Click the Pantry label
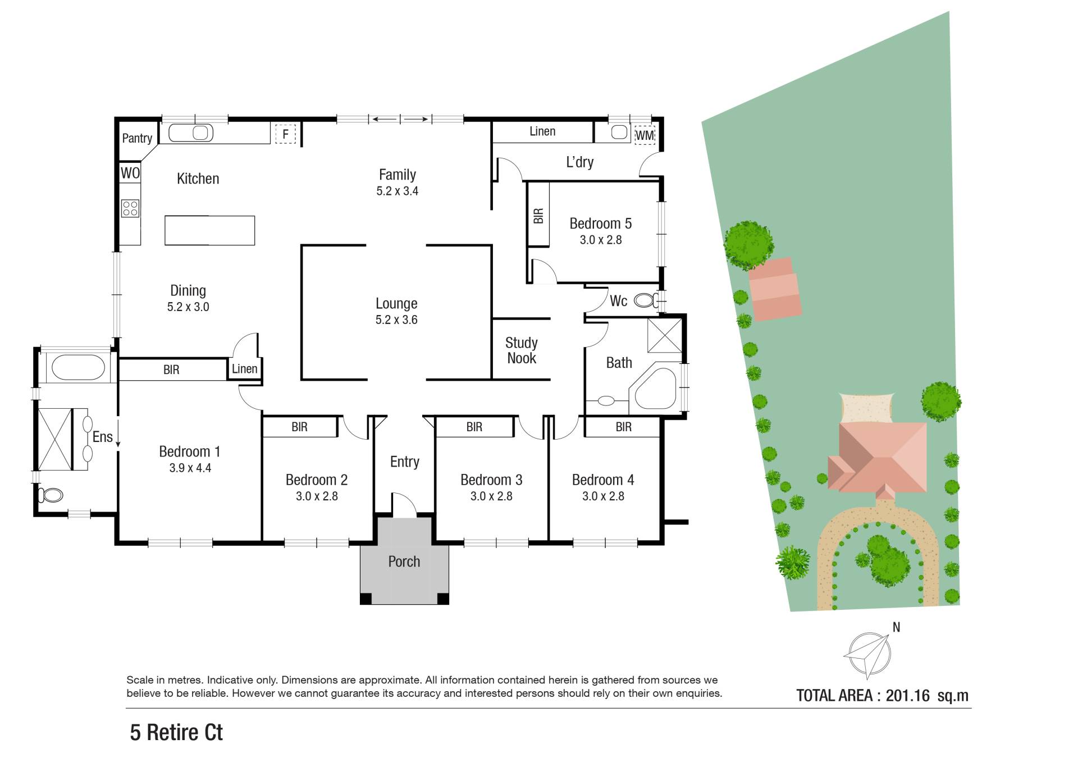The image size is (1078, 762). pos(137,138)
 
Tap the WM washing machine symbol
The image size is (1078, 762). pos(645,135)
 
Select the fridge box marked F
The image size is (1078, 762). pos(285,134)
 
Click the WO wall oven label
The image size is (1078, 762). pos(130,173)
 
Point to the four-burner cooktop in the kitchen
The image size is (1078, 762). pos(130,208)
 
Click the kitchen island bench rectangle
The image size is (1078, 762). pos(209,230)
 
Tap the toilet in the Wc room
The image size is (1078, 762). pos(646,301)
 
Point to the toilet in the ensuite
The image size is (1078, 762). pos(49,495)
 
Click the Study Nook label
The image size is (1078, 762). pos(522,350)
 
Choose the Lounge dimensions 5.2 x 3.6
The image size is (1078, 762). pos(396,320)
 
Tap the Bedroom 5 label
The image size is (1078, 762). pos(601,223)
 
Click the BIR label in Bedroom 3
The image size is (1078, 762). pos(474,427)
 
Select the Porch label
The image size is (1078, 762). pos(404,562)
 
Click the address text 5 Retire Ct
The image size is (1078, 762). pos(176,733)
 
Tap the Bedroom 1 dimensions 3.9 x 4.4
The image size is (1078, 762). pos(190,468)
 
